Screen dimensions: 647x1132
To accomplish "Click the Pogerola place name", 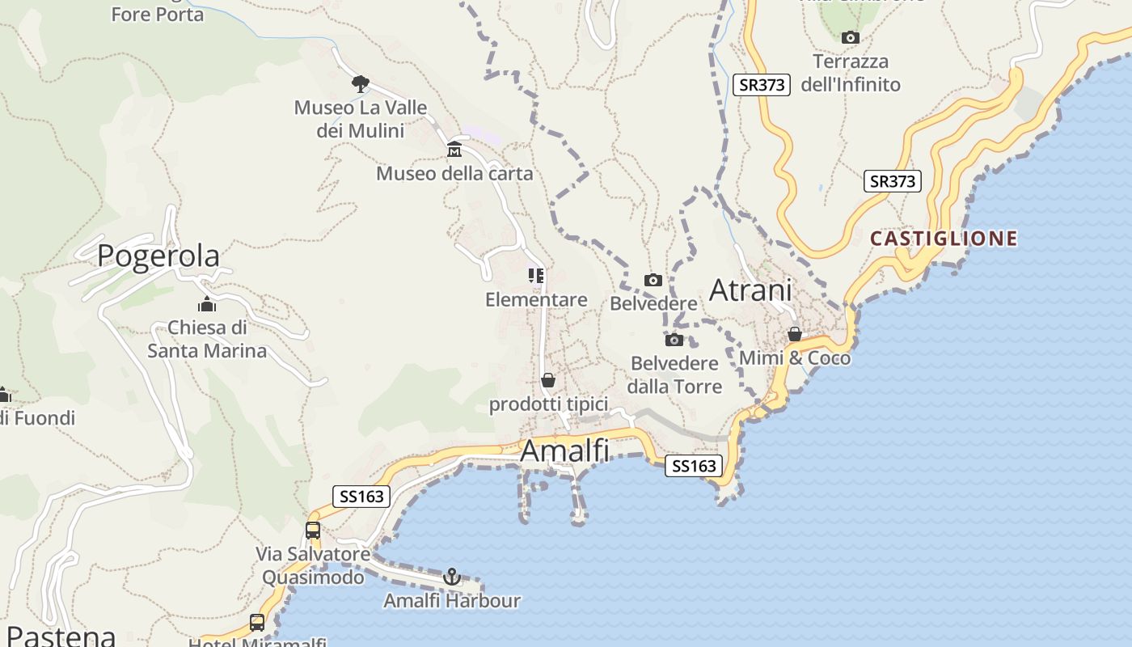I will (158, 256).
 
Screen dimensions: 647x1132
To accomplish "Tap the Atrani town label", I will (750, 290).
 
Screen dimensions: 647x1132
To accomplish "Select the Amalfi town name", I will (564, 450).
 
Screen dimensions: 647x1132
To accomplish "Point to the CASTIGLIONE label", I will (944, 239).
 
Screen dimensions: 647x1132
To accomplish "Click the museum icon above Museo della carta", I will (454, 150).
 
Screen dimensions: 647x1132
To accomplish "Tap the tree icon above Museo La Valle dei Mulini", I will (361, 83).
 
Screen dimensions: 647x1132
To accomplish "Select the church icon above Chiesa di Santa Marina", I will (207, 304).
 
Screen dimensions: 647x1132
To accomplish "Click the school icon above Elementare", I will (536, 276).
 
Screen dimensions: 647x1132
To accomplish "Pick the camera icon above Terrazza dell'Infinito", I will (850, 37).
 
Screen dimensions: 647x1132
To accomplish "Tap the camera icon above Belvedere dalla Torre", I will (674, 340).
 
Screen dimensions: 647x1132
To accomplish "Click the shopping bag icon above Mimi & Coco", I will (795, 334).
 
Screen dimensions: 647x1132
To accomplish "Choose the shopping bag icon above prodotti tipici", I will (548, 380).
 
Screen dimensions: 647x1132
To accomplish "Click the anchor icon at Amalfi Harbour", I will (452, 577).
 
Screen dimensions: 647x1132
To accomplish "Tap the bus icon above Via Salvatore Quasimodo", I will (313, 531).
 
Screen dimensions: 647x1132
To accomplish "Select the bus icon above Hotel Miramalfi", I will (257, 622).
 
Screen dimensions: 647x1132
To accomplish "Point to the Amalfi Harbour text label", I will (452, 601).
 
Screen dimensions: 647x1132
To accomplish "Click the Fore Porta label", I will (158, 15).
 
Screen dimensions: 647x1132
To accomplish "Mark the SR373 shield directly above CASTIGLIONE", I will (893, 181).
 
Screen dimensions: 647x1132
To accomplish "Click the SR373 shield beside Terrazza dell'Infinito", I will (761, 85).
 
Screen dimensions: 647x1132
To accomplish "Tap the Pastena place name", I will (61, 636).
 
